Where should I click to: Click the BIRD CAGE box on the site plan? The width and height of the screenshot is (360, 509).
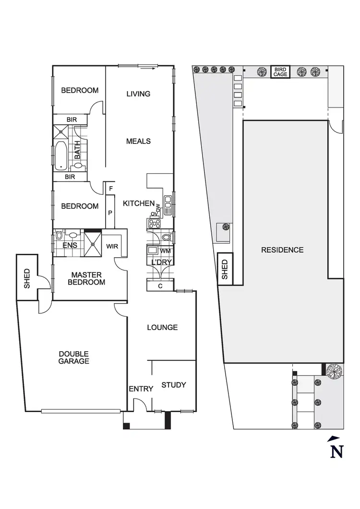click(x=280, y=72)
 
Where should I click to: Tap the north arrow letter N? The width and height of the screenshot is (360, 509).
click(x=337, y=451)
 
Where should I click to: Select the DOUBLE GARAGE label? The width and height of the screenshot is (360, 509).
click(x=74, y=357)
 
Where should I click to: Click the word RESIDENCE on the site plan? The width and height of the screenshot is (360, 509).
click(x=282, y=250)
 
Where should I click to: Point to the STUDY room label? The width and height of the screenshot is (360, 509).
click(x=173, y=385)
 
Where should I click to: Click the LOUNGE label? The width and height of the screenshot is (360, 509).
click(x=162, y=328)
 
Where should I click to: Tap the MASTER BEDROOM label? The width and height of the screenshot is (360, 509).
click(x=86, y=278)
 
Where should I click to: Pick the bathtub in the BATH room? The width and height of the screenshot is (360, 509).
click(x=61, y=155)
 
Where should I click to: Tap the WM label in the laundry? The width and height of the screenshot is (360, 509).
click(x=165, y=251)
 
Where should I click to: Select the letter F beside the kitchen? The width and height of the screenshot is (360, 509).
click(x=111, y=189)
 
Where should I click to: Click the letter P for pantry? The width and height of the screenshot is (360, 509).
click(x=110, y=213)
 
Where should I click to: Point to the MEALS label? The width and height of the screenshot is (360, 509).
click(x=138, y=142)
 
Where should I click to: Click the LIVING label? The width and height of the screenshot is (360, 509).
click(x=138, y=94)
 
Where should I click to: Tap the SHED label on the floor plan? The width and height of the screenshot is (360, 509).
click(x=27, y=278)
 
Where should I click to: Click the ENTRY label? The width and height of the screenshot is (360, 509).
click(x=141, y=389)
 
